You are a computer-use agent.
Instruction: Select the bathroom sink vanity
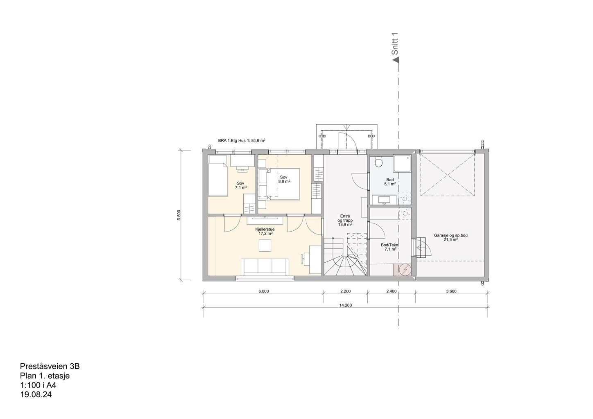tap(385, 200)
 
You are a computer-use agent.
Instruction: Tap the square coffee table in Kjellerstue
tap(265, 245)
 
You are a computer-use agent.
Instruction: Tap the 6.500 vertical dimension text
tap(179, 215)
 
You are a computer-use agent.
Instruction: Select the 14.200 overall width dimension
tap(345, 305)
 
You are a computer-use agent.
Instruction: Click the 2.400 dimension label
tap(392, 292)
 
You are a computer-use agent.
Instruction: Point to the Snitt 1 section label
tap(395, 44)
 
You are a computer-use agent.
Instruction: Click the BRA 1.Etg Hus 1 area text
tap(241, 141)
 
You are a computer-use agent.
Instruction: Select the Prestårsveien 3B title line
tap(52, 366)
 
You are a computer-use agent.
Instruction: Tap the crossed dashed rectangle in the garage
tap(449, 175)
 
